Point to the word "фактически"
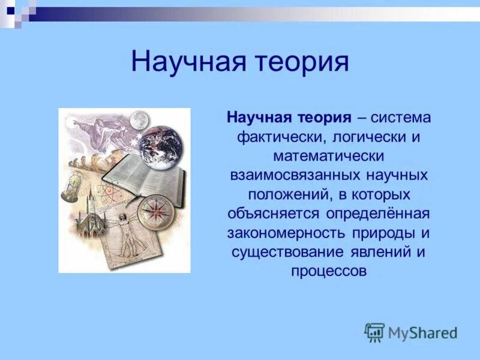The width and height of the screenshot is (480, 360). pyautogui.click(x=280, y=137)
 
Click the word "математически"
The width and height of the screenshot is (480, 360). pyautogui.click(x=328, y=156)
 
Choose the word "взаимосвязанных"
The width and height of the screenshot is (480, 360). pyautogui.click(x=290, y=175)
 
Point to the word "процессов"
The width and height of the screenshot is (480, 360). pyautogui.click(x=328, y=271)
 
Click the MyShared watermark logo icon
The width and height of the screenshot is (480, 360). pyautogui.click(x=374, y=332)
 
